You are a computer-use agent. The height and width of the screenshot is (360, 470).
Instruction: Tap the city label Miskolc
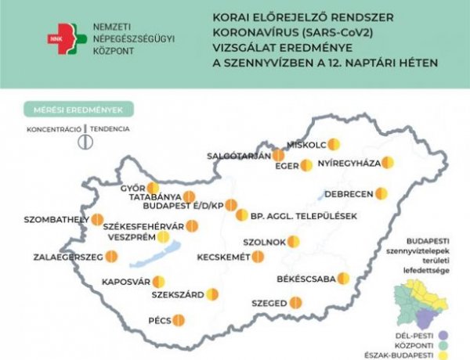[306, 145]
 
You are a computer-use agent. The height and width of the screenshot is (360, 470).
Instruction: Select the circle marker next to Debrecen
[381, 193]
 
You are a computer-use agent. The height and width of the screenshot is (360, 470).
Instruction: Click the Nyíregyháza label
[349, 164]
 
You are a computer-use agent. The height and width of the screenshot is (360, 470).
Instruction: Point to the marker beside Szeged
[295, 302]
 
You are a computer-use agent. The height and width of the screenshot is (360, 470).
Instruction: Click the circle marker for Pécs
[179, 320]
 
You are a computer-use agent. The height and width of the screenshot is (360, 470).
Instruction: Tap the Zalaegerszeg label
[68, 256]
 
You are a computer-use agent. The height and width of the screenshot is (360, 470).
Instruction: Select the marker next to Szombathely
[97, 220]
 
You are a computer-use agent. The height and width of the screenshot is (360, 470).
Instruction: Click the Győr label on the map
[133, 188]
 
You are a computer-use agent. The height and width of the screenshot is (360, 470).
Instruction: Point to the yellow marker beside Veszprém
[163, 238]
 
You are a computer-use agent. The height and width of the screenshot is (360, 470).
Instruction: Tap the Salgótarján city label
[238, 156]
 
